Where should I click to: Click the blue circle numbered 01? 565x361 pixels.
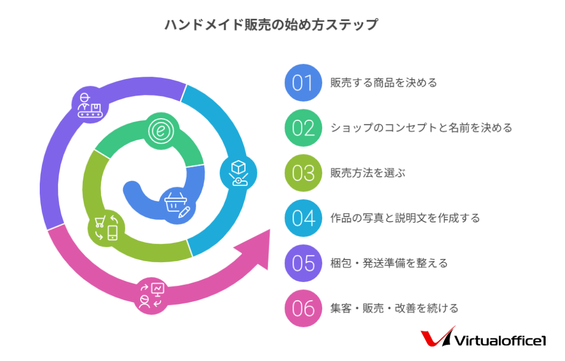click(x=303, y=83)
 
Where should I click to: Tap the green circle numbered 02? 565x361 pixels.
click(x=303, y=128)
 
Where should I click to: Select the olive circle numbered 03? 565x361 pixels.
click(x=303, y=173)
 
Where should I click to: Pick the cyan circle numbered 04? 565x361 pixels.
click(x=303, y=218)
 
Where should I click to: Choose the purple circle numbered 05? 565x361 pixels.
click(x=303, y=263)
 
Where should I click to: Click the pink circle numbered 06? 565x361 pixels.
click(x=303, y=308)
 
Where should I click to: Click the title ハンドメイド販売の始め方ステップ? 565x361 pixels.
click(x=271, y=24)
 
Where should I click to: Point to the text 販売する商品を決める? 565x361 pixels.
click(x=384, y=83)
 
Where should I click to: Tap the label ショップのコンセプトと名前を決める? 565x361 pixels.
click(x=421, y=128)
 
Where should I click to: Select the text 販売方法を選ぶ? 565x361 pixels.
click(x=367, y=173)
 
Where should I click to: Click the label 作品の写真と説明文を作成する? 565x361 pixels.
click(x=405, y=218)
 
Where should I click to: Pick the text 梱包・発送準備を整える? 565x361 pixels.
click(x=389, y=263)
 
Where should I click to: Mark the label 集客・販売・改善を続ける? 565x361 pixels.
click(x=394, y=308)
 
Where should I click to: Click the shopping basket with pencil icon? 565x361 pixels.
click(x=177, y=205)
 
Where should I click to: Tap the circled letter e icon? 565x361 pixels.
click(x=161, y=131)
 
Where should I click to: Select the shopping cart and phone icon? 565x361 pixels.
click(x=106, y=228)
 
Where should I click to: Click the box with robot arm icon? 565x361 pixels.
click(x=238, y=173)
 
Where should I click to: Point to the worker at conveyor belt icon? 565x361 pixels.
click(x=90, y=105)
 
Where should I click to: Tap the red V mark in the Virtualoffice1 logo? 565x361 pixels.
click(x=437, y=337)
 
